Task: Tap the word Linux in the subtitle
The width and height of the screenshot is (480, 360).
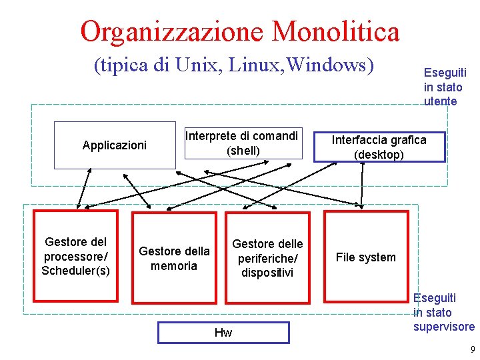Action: click(253, 65)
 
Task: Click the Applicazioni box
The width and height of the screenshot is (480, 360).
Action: click(114, 145)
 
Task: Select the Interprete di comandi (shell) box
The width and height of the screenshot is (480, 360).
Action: click(242, 143)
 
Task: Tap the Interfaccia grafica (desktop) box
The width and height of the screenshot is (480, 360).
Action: click(379, 147)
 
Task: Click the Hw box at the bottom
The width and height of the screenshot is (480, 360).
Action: click(223, 333)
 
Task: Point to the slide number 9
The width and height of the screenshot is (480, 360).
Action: click(472, 349)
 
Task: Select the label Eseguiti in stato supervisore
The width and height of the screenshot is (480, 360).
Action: click(443, 313)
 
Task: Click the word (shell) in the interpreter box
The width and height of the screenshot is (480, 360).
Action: click(243, 151)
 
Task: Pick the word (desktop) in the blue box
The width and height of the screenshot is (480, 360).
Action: click(379, 155)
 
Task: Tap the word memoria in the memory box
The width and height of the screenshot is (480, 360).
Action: click(174, 266)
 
